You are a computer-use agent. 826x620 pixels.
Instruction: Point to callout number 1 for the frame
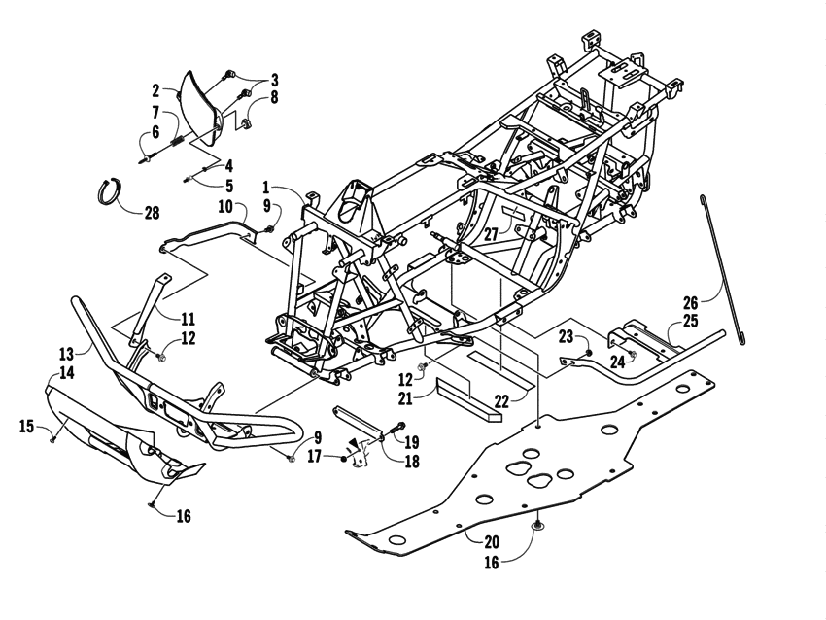(265, 186)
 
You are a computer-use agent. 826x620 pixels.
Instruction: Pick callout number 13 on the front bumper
(66, 354)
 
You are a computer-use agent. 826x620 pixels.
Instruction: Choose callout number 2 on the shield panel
(155, 90)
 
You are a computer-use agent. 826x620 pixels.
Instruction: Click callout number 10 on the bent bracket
(224, 206)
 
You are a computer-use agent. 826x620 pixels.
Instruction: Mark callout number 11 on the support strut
(188, 318)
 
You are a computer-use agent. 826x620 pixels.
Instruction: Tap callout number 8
(274, 97)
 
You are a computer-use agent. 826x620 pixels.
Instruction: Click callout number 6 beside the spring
(155, 136)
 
